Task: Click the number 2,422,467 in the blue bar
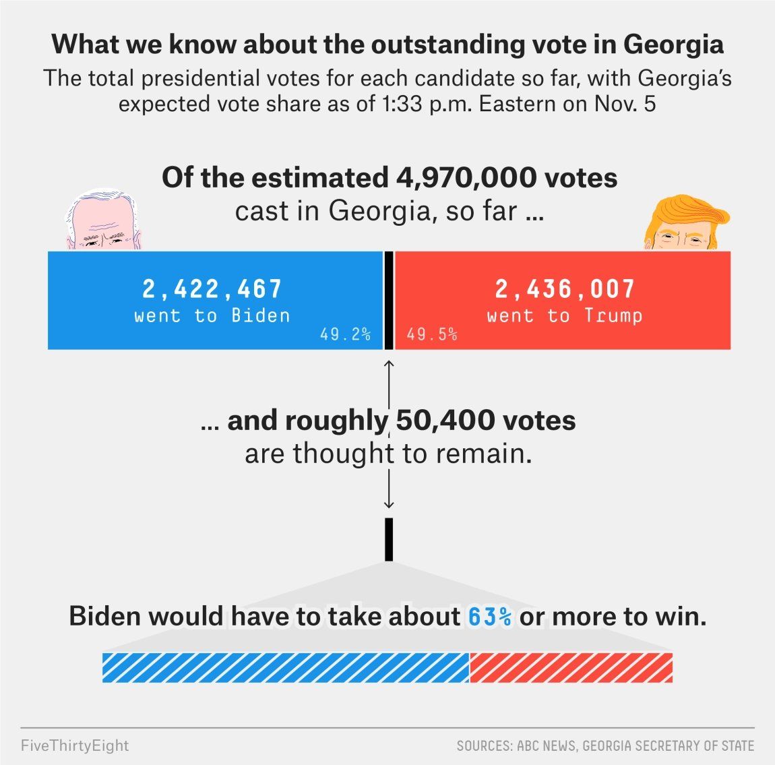212,289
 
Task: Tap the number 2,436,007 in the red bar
565,289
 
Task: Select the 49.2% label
345,334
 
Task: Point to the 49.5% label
432,334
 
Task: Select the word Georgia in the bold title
673,44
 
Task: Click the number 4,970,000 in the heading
464,178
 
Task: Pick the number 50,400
445,421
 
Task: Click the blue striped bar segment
285,667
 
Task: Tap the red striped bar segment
571,667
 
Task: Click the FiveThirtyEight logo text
75,745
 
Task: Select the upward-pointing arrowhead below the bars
389,364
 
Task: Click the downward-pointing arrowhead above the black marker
389,503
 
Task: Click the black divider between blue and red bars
389,301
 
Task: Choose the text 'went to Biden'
212,315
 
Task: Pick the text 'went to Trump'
565,315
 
